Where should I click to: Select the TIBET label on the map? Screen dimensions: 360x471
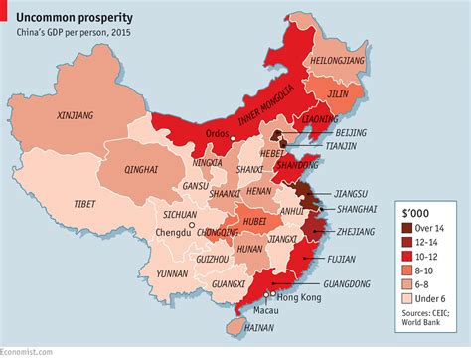pos(85,204)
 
